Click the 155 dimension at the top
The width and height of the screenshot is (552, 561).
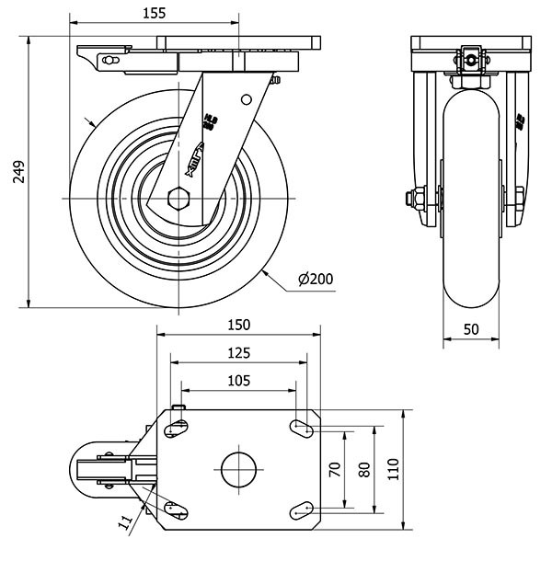[x=154, y=13]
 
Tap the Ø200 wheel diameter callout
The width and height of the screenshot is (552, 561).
[x=315, y=279]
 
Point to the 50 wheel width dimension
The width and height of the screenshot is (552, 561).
[x=471, y=329]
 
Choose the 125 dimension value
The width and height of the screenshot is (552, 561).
[x=238, y=352]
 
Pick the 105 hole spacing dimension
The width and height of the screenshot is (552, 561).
[x=238, y=380]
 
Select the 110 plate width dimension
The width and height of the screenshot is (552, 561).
[x=394, y=469]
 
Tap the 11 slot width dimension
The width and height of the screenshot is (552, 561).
[x=125, y=522]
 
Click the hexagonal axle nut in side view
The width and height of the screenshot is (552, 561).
[x=179, y=198]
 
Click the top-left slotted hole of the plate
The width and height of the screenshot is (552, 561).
[x=177, y=427]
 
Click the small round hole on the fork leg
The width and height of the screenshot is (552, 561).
[x=246, y=99]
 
